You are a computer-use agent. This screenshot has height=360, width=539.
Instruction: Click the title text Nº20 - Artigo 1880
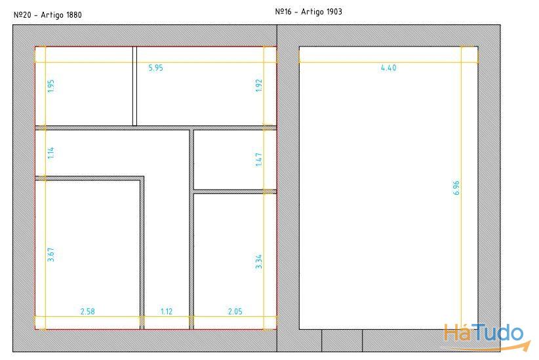pos(48,15)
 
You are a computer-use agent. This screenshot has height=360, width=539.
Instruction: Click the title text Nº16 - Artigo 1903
pos(309,12)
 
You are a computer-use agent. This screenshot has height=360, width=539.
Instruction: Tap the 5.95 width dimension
pos(155,68)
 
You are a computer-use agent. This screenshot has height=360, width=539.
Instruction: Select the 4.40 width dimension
pos(388,68)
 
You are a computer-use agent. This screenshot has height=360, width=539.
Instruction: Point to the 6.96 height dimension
pos(456,188)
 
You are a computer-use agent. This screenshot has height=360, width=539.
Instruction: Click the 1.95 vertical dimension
pos(51,86)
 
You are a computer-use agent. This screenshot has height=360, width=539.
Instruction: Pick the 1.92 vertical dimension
pos(259,85)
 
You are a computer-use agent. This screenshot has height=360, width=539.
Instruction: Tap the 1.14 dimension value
pos(51,153)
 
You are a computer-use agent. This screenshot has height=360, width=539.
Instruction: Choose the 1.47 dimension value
pos(259,159)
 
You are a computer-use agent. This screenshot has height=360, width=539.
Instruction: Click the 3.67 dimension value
pos(51,254)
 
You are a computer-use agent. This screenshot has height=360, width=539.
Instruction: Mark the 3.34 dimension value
pos(259,262)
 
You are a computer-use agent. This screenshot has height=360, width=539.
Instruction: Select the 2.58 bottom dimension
pos(88,311)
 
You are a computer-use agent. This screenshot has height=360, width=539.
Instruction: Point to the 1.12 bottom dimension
pos(167,311)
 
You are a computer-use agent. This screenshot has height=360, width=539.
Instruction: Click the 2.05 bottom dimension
pos(235,311)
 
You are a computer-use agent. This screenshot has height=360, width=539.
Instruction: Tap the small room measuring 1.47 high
pos(235,159)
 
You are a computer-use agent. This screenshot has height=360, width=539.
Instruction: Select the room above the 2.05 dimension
pos(235,262)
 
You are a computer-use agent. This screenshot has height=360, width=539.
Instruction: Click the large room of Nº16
pos(388,188)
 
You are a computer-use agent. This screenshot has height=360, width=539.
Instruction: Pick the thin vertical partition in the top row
pos(135,86)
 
